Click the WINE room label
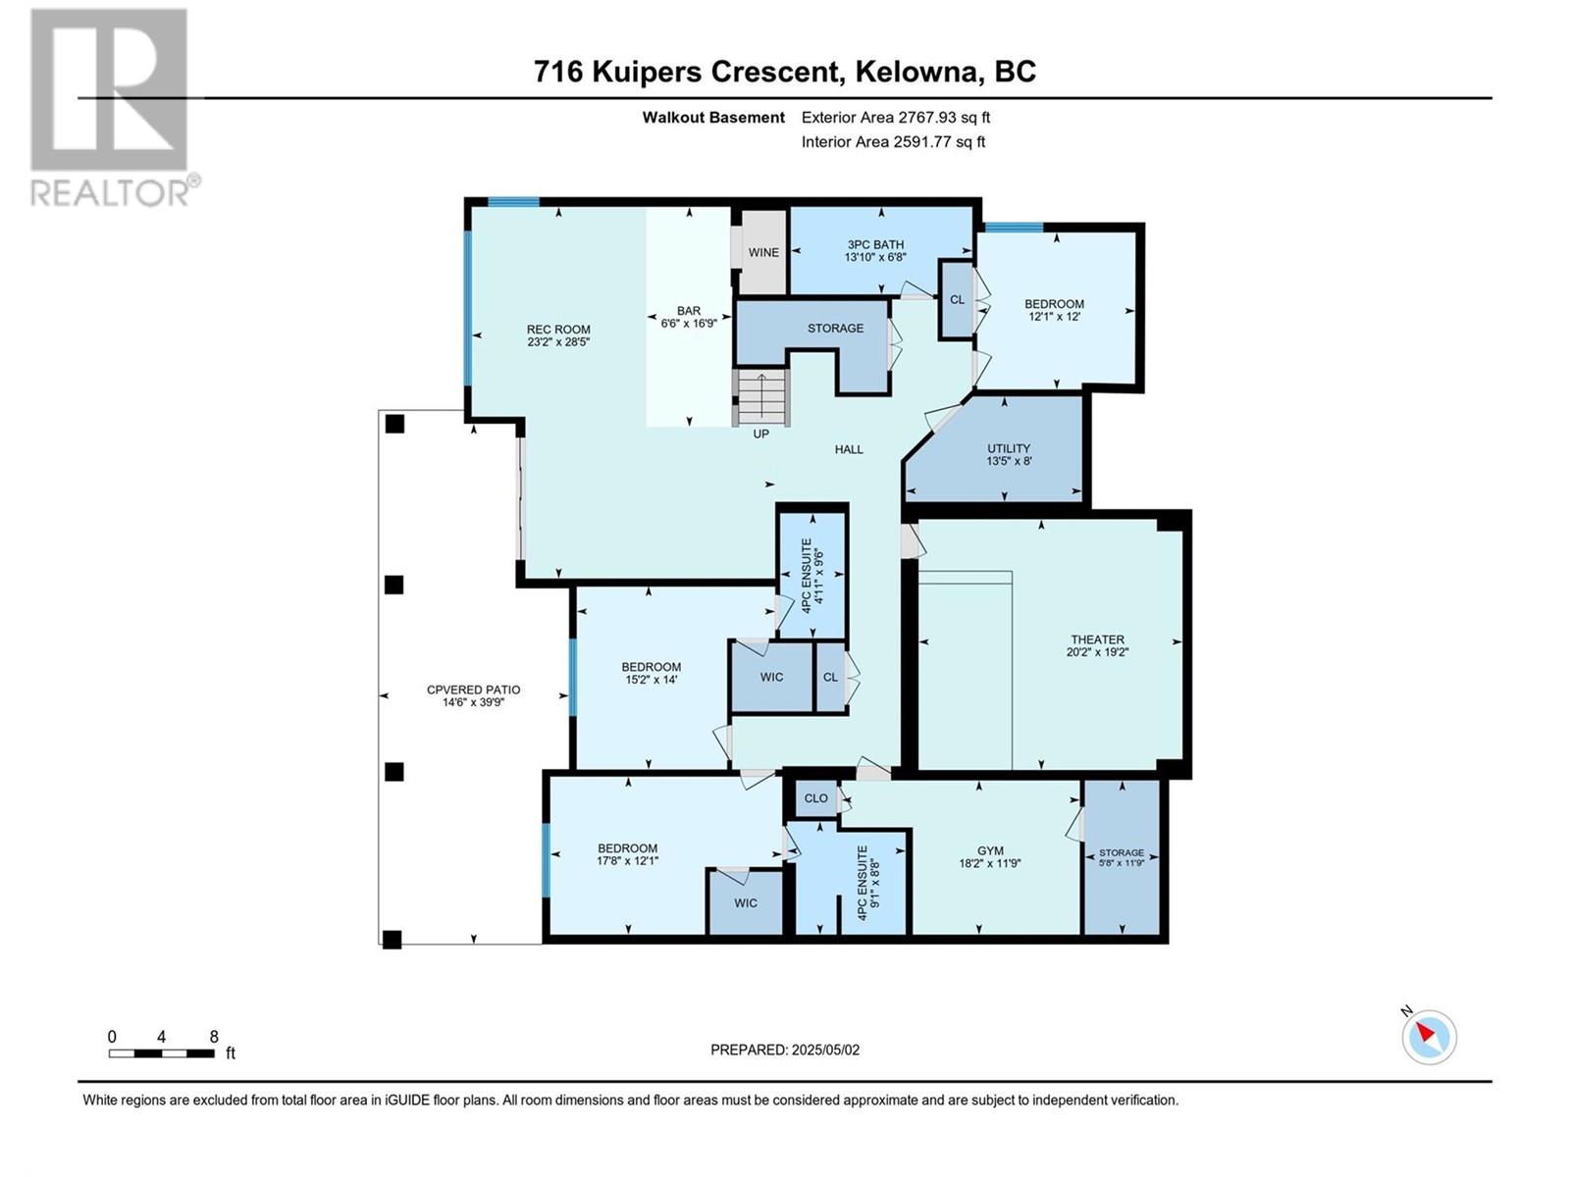point(763,253)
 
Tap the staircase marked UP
point(761,398)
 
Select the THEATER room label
point(1097,640)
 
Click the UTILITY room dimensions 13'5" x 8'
point(1009,461)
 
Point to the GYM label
point(990,851)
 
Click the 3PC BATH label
point(875,245)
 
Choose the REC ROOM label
point(558,330)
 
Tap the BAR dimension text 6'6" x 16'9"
point(689,323)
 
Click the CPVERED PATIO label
point(473,690)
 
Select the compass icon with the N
point(1429,1037)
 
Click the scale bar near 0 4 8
point(162,1053)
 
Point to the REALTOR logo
point(110,108)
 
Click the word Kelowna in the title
point(918,72)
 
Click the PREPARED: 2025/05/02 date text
point(785,1049)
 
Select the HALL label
point(849,449)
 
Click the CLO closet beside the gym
point(815,798)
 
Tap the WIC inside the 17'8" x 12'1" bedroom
point(746,902)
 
